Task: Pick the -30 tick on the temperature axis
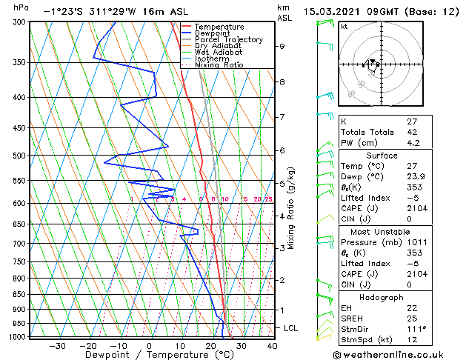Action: point(57,345)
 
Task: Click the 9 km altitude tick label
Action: point(282,46)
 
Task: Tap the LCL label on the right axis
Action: point(291,327)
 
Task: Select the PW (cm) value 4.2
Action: point(413,143)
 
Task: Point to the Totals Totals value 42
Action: point(413,132)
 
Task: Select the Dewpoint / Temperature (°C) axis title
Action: point(149,355)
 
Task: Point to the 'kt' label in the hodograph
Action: point(344,27)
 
